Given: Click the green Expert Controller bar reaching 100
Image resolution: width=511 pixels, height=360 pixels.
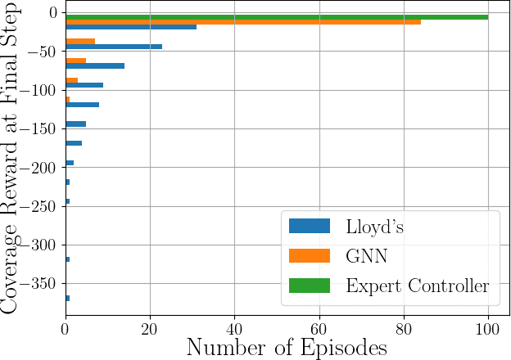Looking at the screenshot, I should [277, 16].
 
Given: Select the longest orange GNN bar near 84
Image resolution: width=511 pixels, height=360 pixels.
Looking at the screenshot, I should [242, 22].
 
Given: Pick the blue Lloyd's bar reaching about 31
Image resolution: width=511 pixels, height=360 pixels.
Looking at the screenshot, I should [131, 27].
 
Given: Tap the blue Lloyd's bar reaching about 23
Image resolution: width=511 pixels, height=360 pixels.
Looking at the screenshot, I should [114, 47].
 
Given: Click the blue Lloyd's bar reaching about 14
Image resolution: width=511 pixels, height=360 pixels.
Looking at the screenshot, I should [95, 65].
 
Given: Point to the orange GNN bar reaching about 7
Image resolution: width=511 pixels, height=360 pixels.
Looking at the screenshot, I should [80, 41].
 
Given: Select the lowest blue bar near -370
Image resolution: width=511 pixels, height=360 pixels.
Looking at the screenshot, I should [67, 298].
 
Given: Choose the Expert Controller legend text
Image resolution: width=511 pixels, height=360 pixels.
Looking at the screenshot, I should [418, 286].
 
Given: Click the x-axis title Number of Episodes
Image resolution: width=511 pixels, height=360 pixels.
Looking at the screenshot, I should [287, 347].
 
